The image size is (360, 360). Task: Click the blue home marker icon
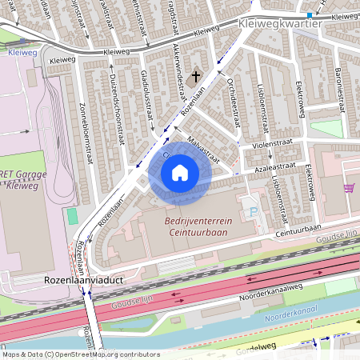(180, 172)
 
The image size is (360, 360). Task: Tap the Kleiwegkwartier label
(280, 25)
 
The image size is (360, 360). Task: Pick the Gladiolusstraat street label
(147, 95)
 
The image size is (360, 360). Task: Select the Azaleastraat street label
(272, 165)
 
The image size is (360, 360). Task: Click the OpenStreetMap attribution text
(81, 354)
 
